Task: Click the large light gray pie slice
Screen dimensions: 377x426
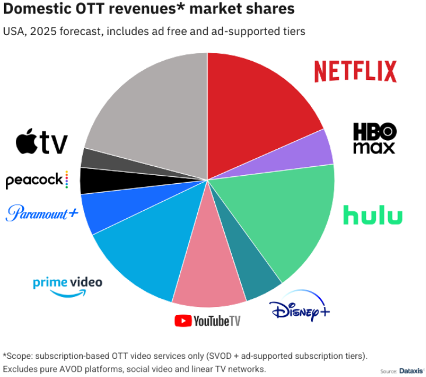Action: point(152,111)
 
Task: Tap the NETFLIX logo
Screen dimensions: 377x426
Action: point(355,71)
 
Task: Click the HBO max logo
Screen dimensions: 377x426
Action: point(374,138)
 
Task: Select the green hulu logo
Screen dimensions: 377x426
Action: point(372,215)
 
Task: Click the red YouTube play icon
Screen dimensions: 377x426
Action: point(183,320)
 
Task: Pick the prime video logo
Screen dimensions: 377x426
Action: point(67,285)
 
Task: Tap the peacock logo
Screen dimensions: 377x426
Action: point(37,180)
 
